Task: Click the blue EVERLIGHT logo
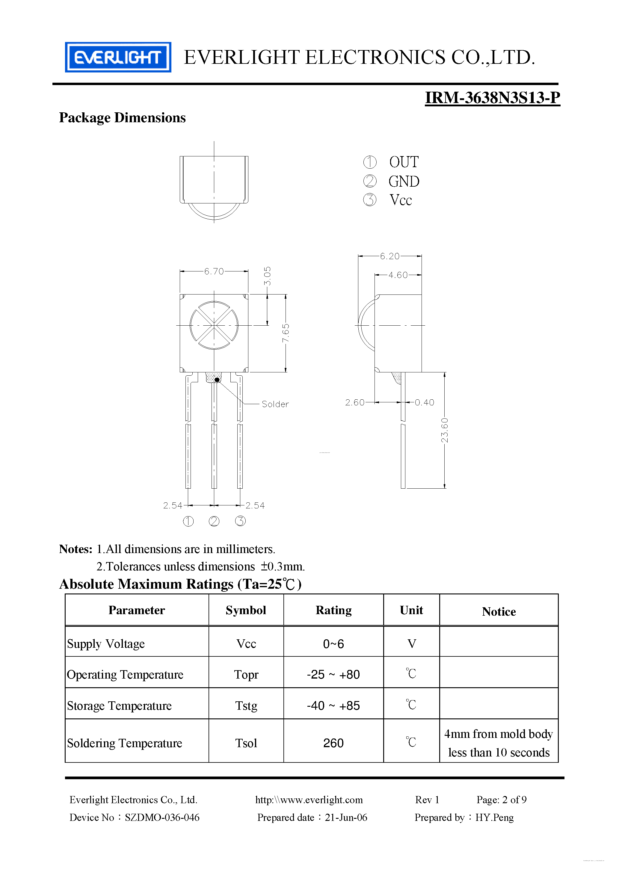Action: pyautogui.click(x=118, y=57)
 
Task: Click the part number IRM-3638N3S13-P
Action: pyautogui.click(x=492, y=98)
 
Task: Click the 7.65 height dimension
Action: pyautogui.click(x=286, y=333)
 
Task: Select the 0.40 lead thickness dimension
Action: pyautogui.click(x=424, y=403)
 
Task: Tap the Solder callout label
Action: pyautogui.click(x=275, y=404)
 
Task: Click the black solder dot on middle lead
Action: pyautogui.click(x=217, y=380)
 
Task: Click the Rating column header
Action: pyautogui.click(x=333, y=610)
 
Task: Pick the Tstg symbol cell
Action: pyautogui.click(x=246, y=706)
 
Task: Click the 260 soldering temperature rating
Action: pyautogui.click(x=333, y=743)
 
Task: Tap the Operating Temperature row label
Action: pyautogui.click(x=125, y=675)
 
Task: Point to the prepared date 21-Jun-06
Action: pyautogui.click(x=346, y=817)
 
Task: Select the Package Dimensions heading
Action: pyautogui.click(x=122, y=117)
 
